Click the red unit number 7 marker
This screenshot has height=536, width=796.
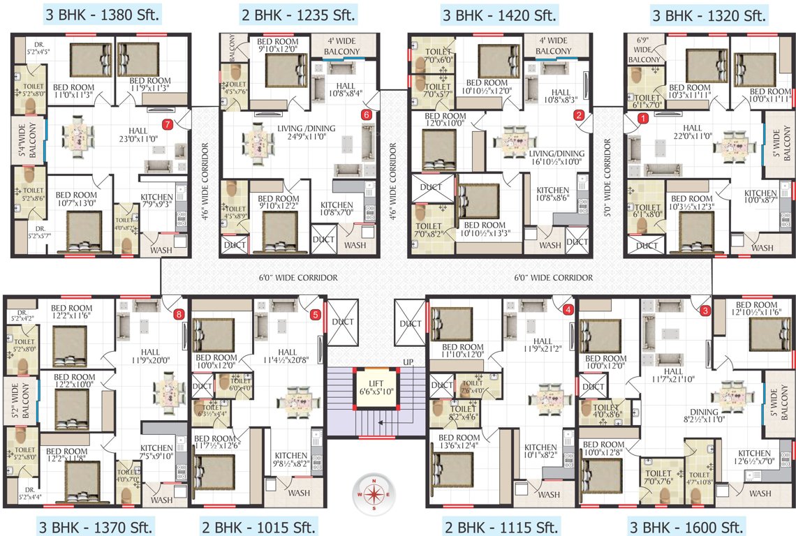(x=167, y=125)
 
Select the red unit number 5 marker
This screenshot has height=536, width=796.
(x=315, y=314)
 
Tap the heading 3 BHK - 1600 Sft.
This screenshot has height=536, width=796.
(x=687, y=526)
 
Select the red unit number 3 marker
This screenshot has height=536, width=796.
(x=705, y=311)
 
